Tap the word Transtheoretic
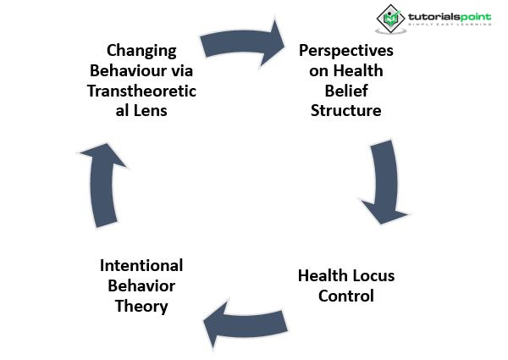point(141,91)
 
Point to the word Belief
point(345,91)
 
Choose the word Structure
point(345,111)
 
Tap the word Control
point(345,296)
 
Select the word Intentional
point(141,266)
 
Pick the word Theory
point(141,307)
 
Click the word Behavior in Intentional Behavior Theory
point(141,286)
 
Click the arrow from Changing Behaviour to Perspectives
point(246,42)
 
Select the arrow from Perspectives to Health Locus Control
point(386,182)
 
